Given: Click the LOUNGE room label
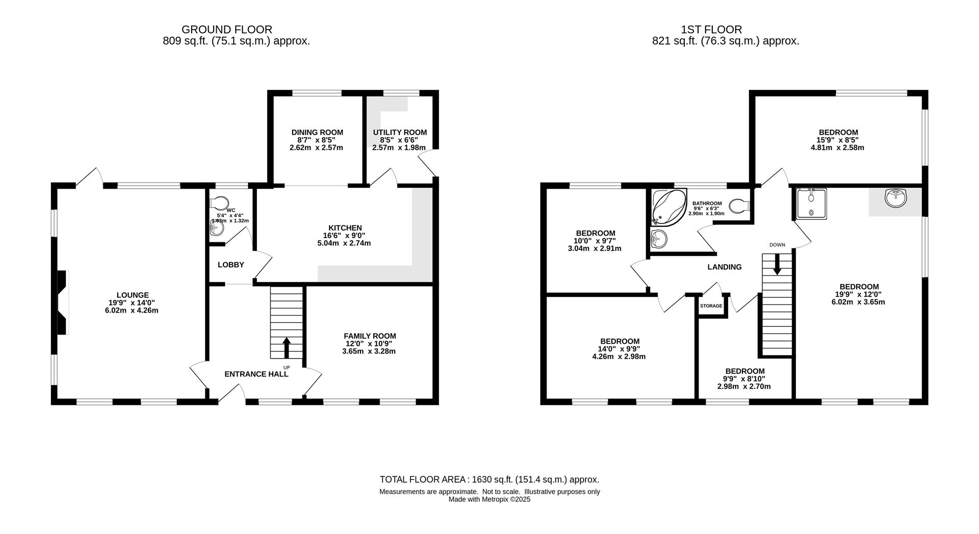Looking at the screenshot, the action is pyautogui.click(x=133, y=295).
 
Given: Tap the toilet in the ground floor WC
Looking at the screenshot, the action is pyautogui.click(x=220, y=203).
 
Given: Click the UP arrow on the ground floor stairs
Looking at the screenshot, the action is pyautogui.click(x=287, y=347).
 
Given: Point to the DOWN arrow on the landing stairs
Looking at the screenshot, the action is pyautogui.click(x=777, y=264).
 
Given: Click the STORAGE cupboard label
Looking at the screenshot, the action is pyautogui.click(x=711, y=306).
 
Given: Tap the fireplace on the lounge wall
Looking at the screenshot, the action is pyautogui.click(x=62, y=302).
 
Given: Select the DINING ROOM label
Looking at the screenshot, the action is pyautogui.click(x=317, y=133).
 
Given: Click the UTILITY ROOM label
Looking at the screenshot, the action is pyautogui.click(x=400, y=133).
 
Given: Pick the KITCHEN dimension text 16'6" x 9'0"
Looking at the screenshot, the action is pyautogui.click(x=344, y=236).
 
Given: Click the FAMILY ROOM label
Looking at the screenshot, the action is pyautogui.click(x=370, y=336).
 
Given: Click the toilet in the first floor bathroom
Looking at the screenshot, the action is pyautogui.click(x=739, y=206).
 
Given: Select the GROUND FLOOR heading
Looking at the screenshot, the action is pyautogui.click(x=227, y=30).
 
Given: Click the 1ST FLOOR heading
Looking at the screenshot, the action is pyautogui.click(x=711, y=30).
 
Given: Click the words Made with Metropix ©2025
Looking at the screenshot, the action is pyautogui.click(x=489, y=500).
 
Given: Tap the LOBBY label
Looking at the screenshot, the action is pyautogui.click(x=231, y=265).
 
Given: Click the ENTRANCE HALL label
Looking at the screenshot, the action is pyautogui.click(x=256, y=374).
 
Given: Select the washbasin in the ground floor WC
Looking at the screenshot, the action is pyautogui.click(x=216, y=228).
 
